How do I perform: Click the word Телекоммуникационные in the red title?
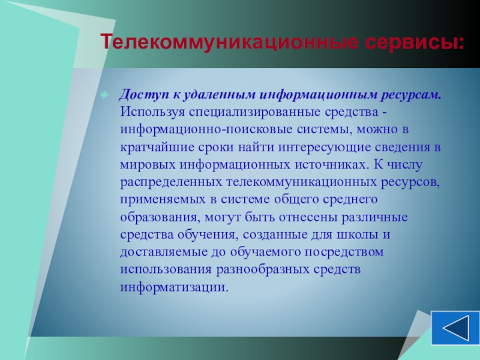(230, 42)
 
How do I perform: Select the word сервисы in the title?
(411, 43)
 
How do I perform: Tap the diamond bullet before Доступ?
(104, 95)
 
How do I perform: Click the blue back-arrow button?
(455, 328)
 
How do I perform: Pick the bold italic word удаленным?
(220, 95)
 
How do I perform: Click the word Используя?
(152, 112)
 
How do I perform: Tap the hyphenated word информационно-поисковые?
(206, 130)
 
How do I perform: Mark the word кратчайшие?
(157, 147)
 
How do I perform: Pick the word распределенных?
(171, 182)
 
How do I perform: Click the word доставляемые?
(164, 252)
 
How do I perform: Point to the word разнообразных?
(263, 269)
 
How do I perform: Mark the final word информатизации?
(174, 287)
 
